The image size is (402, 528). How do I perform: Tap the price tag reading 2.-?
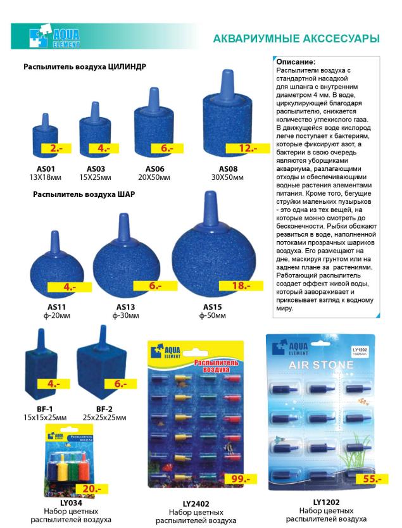point(56,149)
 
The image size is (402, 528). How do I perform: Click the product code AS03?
point(96,168)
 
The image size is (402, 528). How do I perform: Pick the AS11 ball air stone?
point(64,260)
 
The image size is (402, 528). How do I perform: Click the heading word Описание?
point(296,61)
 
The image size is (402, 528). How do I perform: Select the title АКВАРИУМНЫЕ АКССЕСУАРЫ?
point(296,39)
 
